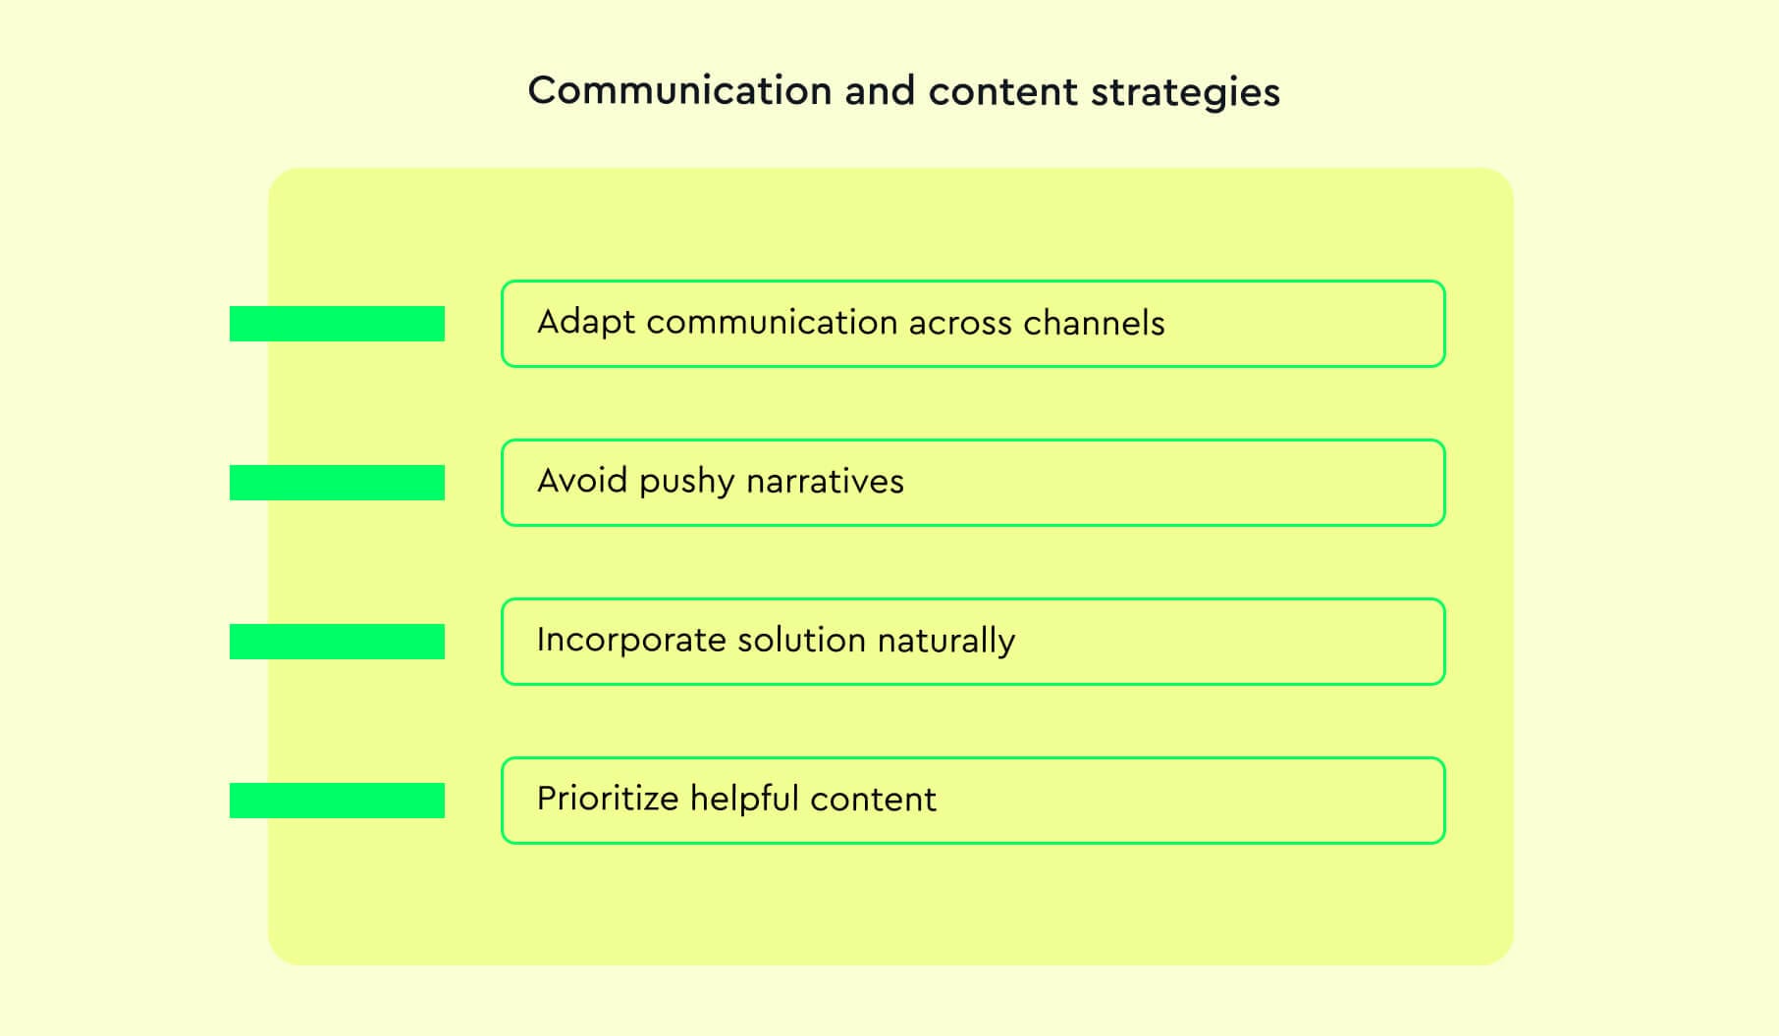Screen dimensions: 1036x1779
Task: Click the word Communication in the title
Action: pyautogui.click(x=679, y=91)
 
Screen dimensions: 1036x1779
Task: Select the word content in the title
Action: pyautogui.click(x=1002, y=91)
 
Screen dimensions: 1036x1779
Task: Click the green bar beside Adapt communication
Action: pyautogui.click(x=337, y=324)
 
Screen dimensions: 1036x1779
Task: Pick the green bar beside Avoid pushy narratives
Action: pyautogui.click(x=337, y=483)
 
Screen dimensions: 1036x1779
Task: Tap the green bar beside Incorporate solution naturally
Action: pyautogui.click(x=337, y=642)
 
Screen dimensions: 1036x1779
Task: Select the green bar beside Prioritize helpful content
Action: pyautogui.click(x=337, y=801)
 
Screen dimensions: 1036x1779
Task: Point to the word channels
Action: pyautogui.click(x=1094, y=323)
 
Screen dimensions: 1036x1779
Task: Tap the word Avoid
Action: pyautogui.click(x=582, y=481)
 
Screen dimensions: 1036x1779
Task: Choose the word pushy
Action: pyautogui.click(x=686, y=483)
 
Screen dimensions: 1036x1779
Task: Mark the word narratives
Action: pyautogui.click(x=825, y=481)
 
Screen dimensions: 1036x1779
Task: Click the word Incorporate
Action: pyautogui.click(x=631, y=641)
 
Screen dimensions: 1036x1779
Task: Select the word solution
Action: pyautogui.click(x=801, y=640)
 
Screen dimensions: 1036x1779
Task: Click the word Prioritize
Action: pyautogui.click(x=608, y=799)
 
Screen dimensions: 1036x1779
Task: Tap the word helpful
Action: pyautogui.click(x=744, y=799)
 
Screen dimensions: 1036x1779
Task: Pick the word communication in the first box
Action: pyautogui.click(x=772, y=323)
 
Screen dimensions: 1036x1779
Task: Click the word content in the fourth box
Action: pyautogui.click(x=874, y=800)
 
